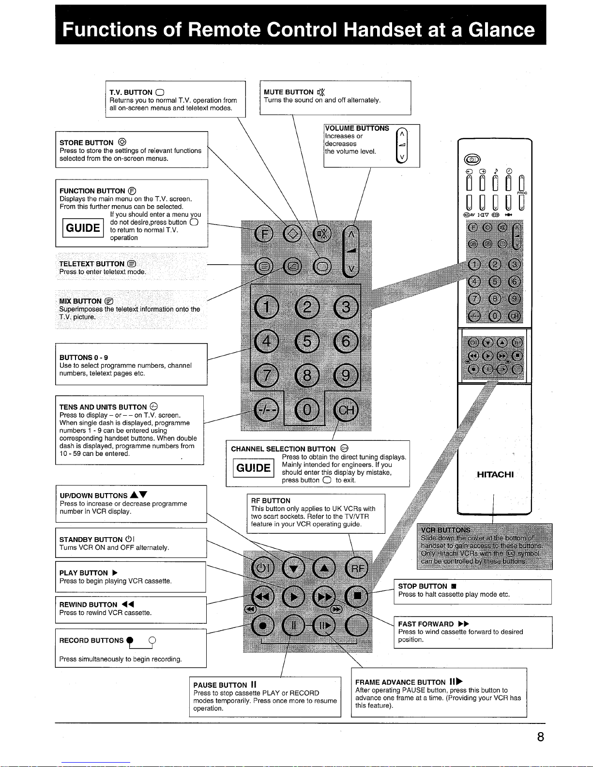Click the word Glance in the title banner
point(501,30)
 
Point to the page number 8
point(540,737)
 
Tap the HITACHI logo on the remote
point(495,474)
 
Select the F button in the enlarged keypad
point(264,234)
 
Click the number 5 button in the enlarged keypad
point(307,342)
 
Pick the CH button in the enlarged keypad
point(346,410)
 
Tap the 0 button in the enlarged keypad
point(307,410)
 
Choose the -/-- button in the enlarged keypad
point(267,410)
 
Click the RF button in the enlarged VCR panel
point(357,568)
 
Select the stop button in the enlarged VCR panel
point(357,596)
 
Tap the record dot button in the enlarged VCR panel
point(262,626)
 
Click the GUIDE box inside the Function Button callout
point(83,228)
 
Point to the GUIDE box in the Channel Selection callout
point(254,468)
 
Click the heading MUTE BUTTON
point(289,92)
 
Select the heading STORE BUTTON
point(86,143)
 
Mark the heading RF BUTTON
point(271,500)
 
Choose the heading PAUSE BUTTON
point(220,685)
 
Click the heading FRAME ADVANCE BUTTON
point(400,682)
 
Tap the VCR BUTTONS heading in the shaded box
point(445,530)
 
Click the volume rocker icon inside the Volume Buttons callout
point(402,145)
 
